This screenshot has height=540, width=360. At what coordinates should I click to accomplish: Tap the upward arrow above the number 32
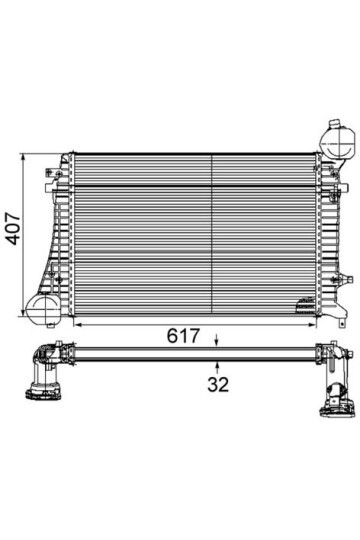217,364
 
